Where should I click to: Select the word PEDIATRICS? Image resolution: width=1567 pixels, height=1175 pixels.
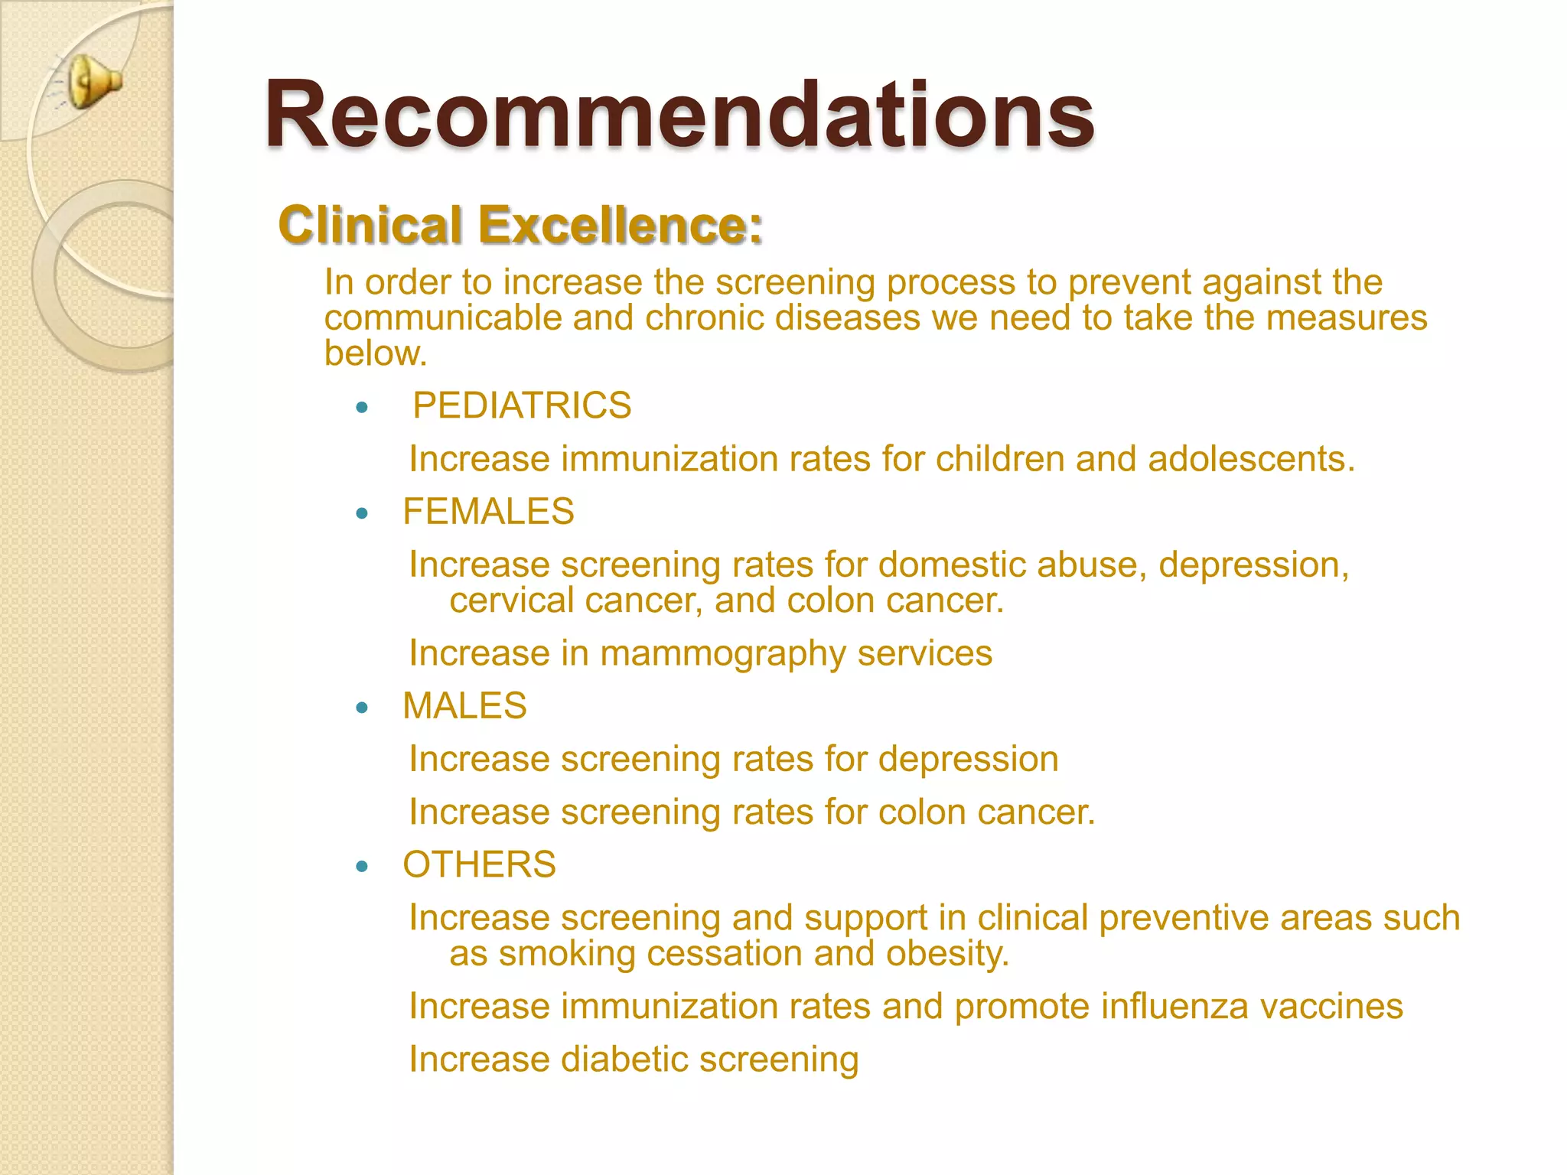pos(522,405)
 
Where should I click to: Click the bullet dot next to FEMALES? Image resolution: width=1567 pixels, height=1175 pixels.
pos(363,513)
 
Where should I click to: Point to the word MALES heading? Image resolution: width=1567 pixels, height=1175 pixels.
pos(464,705)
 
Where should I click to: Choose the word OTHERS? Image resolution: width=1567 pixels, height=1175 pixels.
pos(479,864)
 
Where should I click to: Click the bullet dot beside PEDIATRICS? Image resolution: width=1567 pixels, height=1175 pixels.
pos(363,408)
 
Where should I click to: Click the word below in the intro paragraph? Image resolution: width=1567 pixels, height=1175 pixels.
pos(375,353)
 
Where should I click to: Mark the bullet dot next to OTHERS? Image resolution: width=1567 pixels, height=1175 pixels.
pos(363,867)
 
